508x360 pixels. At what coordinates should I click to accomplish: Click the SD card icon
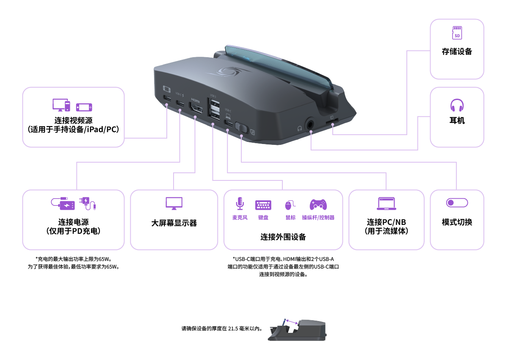click(x=457, y=33)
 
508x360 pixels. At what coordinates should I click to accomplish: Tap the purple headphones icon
click(x=457, y=105)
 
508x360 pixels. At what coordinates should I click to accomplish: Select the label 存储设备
click(x=457, y=52)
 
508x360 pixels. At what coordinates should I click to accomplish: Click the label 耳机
click(x=457, y=121)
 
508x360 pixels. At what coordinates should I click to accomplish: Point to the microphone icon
click(x=240, y=204)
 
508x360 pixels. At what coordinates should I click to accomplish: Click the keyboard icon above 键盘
click(x=263, y=205)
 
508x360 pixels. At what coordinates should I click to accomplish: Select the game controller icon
click(x=318, y=205)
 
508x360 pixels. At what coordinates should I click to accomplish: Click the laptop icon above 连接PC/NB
click(x=386, y=204)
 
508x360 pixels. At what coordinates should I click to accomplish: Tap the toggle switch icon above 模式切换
click(x=457, y=203)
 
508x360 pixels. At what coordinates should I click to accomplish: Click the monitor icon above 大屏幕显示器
click(x=174, y=203)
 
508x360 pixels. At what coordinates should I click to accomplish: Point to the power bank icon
click(x=63, y=204)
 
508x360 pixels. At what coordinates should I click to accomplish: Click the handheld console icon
click(x=84, y=107)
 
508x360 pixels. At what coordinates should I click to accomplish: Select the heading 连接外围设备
click(x=283, y=237)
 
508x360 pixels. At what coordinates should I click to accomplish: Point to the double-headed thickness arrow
click(x=292, y=322)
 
